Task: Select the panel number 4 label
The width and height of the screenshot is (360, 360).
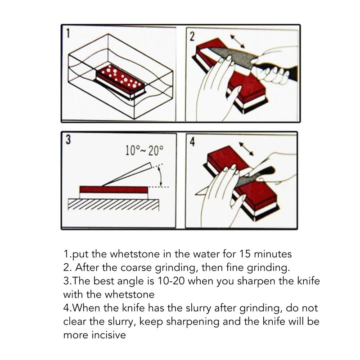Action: click(192, 142)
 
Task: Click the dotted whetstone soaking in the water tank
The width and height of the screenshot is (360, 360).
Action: click(119, 78)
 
